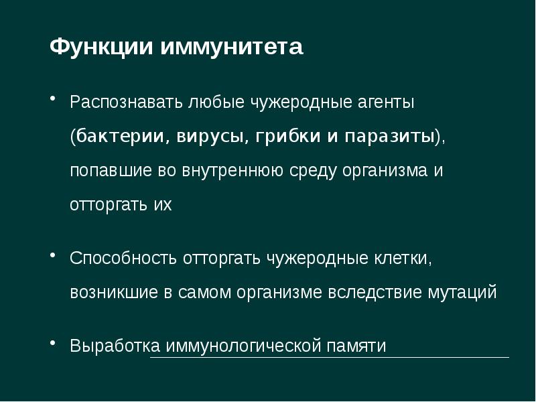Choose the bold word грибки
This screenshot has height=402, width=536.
coord(281,137)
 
